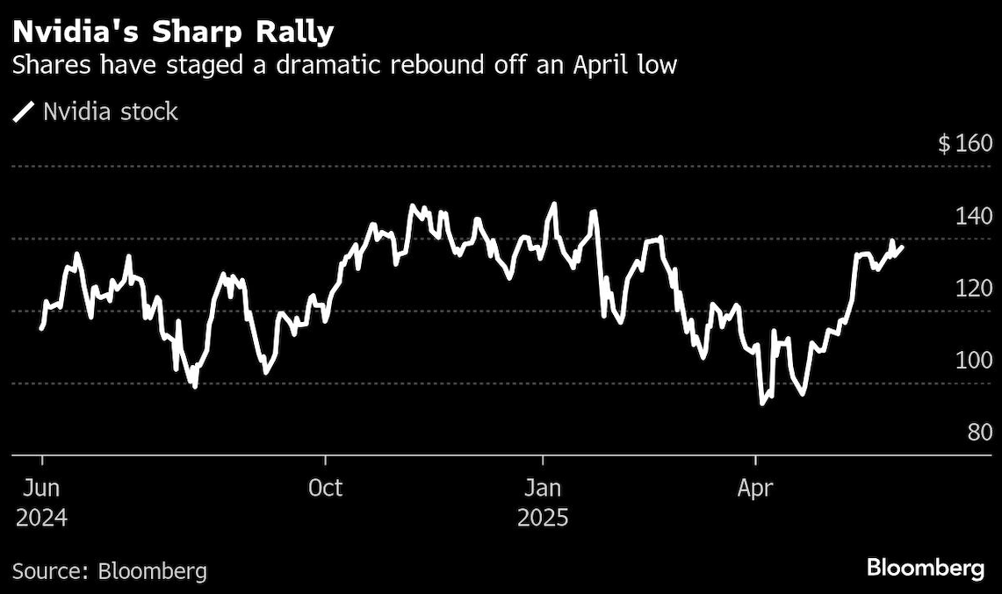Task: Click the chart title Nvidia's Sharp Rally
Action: point(173,32)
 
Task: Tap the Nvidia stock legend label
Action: point(111,111)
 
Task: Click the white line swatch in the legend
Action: point(25,111)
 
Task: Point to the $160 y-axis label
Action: point(964,144)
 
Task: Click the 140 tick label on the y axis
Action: point(972,216)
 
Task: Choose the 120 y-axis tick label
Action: point(972,288)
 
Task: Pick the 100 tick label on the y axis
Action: point(972,360)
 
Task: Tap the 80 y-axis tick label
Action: point(977,432)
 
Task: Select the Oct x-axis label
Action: point(325,488)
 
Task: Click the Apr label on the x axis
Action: point(755,488)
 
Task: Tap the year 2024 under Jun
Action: point(41,518)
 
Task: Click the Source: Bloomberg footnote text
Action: point(110,572)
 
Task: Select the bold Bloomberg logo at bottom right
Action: point(926,569)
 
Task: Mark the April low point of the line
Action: point(762,404)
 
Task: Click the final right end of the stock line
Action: point(902,247)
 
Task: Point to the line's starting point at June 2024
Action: point(41,328)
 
